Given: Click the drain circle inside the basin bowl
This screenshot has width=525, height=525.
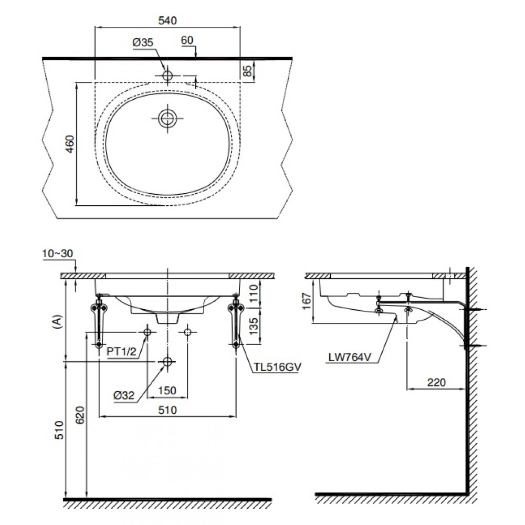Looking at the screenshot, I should coord(167,118).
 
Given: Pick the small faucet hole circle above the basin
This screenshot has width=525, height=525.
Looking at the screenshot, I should coord(167,76).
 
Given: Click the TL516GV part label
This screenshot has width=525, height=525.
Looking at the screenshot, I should coord(276,367).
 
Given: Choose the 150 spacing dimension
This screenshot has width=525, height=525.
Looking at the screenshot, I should coord(167,391).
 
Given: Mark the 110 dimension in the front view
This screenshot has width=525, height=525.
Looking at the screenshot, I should coord(254,291).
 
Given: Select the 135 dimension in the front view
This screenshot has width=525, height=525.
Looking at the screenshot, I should coord(254,325).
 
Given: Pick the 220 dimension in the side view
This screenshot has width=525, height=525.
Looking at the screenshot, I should coord(436,382).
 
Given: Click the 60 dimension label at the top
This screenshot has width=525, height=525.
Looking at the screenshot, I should coord(187,40).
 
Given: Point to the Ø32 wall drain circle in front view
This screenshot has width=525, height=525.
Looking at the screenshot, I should coord(167,362).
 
